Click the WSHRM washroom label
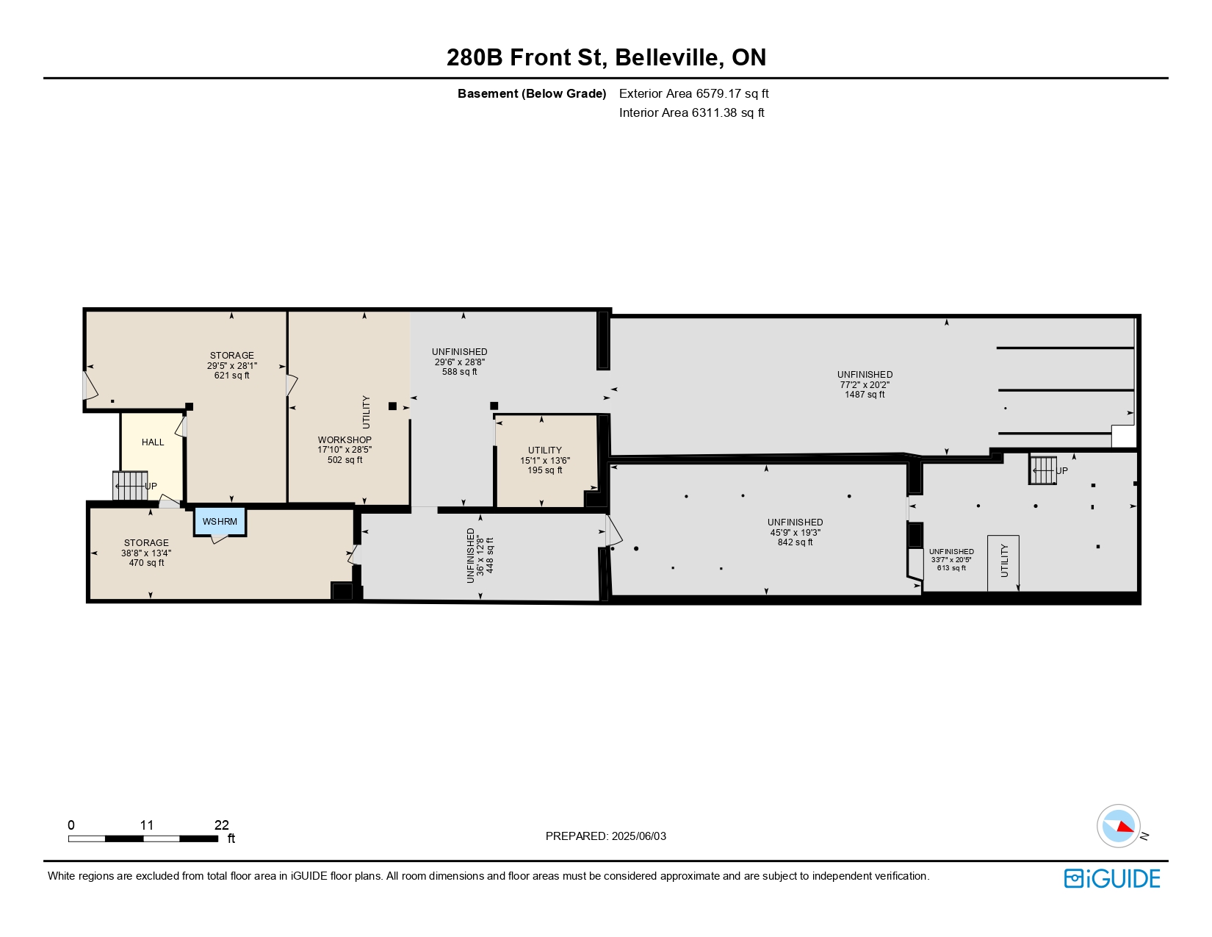click(220, 521)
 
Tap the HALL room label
click(152, 442)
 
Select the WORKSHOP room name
click(345, 439)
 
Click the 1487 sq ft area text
click(865, 395)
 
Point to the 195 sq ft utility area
click(545, 470)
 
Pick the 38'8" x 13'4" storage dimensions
click(146, 553)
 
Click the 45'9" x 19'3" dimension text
click(795, 532)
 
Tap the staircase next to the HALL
click(130, 486)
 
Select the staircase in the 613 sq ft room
click(1042, 470)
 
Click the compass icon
click(1118, 826)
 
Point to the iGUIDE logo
click(1111, 878)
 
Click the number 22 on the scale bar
click(221, 825)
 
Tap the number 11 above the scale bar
click(147, 825)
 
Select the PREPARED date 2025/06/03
click(638, 836)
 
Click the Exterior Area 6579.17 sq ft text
click(693, 93)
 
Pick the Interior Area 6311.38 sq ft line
click(691, 112)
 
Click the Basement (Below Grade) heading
click(532, 93)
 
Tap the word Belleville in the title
click(666, 57)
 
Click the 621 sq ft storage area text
click(231, 376)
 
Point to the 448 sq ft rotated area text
click(490, 556)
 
